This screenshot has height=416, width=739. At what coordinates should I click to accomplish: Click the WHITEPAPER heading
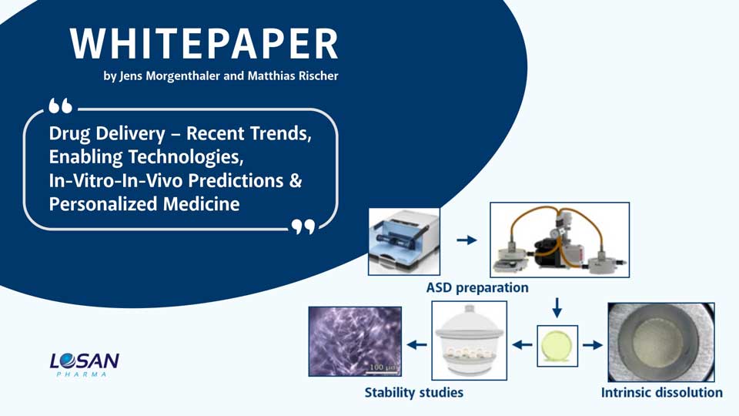click(x=204, y=45)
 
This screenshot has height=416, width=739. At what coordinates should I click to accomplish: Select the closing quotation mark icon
click(x=304, y=226)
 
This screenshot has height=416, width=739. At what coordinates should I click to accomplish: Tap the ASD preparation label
click(x=477, y=288)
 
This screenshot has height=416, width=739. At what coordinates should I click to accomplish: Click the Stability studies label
click(x=413, y=393)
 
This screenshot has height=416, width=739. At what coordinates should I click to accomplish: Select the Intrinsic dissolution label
click(x=661, y=393)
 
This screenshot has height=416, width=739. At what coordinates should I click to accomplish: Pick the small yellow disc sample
click(x=557, y=344)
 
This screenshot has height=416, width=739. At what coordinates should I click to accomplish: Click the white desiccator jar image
click(x=469, y=341)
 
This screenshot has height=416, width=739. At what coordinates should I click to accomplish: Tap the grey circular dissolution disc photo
click(x=660, y=341)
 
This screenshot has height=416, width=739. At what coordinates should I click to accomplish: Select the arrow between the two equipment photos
click(x=466, y=240)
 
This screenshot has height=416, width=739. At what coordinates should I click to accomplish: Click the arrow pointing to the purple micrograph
click(x=416, y=345)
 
